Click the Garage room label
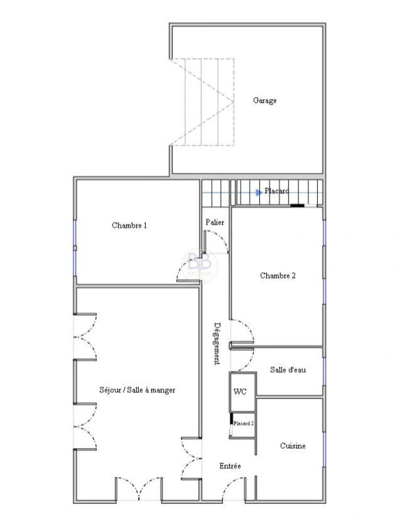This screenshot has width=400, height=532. (x=265, y=100)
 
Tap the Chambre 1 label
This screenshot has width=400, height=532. (x=129, y=226)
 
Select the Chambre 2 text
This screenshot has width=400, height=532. (x=278, y=276)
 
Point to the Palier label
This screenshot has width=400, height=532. (x=215, y=223)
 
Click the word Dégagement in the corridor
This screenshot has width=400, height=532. (x=217, y=343)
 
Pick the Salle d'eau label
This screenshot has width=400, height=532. (x=288, y=370)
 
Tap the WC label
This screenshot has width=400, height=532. (x=240, y=392)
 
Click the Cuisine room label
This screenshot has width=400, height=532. (x=293, y=446)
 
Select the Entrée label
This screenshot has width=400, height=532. (x=230, y=466)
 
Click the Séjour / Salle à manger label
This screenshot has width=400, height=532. (x=137, y=390)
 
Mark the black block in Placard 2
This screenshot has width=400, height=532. (x=231, y=419)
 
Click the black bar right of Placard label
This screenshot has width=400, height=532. (x=297, y=205)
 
